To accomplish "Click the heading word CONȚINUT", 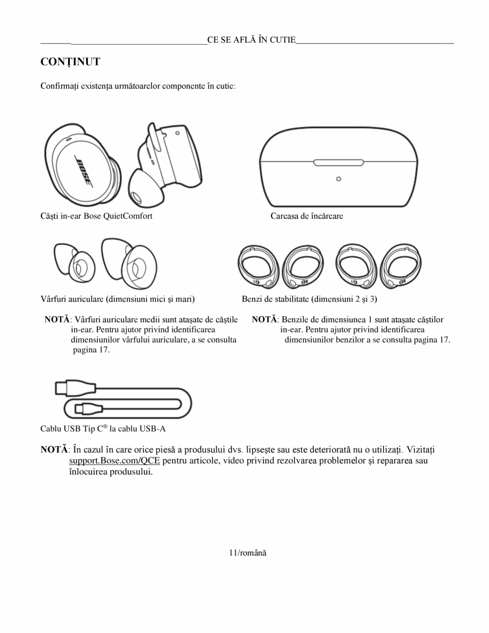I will point(70,62).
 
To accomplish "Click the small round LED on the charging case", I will point(338,179).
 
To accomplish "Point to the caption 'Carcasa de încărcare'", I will point(306,216).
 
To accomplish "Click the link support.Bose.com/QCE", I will point(115,461).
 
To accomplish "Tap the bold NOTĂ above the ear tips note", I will point(57,320).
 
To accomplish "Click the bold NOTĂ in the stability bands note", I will point(264,320).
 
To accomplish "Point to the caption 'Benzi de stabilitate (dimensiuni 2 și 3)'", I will point(309,299).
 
